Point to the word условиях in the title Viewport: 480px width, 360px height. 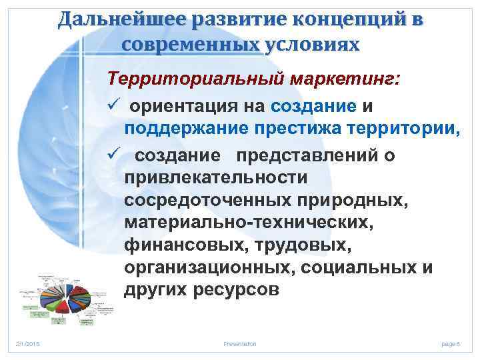pos(311,45)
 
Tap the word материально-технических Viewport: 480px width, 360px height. pos(245,223)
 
